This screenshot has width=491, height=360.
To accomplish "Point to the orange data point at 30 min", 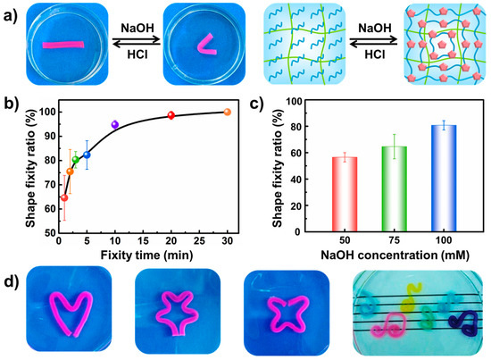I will (x=227, y=113).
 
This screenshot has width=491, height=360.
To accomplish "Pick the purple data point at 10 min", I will (x=114, y=124).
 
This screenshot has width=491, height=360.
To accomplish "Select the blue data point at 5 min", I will (x=87, y=155).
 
